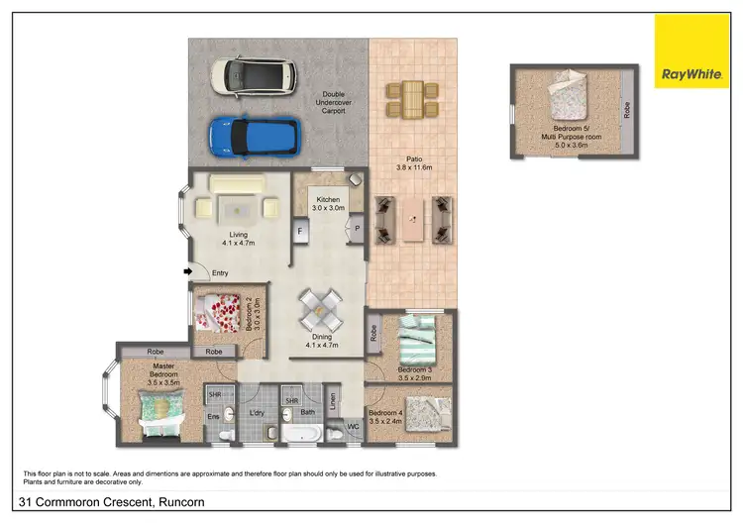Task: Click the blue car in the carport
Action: click(254, 137)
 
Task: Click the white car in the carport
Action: click(253, 73)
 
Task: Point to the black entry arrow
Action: click(188, 271)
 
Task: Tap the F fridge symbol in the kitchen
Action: click(299, 230)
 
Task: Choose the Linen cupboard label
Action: click(333, 402)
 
